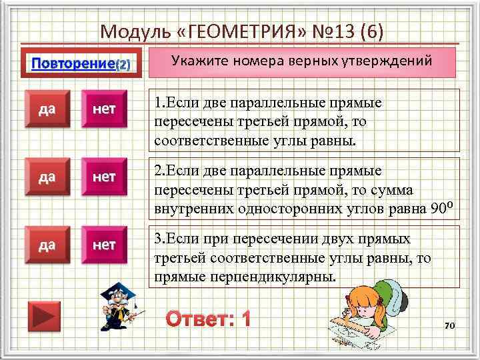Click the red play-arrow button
tap(44, 315)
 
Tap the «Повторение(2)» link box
tap(83, 65)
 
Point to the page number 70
tap(449, 325)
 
